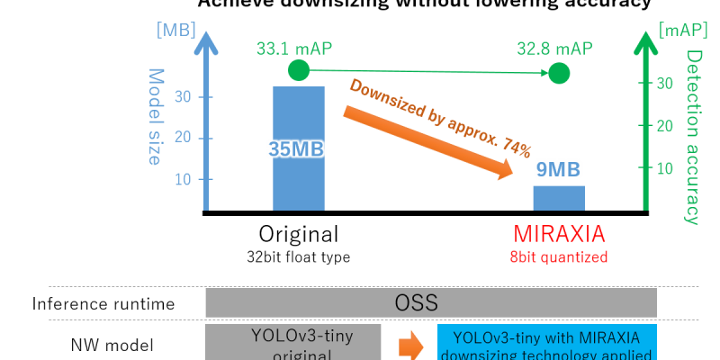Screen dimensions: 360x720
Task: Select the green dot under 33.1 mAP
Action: click(298, 70)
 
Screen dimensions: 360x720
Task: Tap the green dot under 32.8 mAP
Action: click(559, 73)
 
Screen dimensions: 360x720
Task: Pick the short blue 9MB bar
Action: click(558, 198)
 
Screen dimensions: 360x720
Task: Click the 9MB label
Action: click(558, 168)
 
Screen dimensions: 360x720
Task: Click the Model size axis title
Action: click(155, 117)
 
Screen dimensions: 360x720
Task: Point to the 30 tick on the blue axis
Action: click(181, 97)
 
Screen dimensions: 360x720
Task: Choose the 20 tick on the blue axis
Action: click(181, 138)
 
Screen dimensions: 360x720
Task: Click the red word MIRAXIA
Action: click(559, 234)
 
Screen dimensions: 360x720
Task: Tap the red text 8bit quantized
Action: click(559, 257)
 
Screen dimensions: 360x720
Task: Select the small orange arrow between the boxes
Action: click(410, 344)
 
